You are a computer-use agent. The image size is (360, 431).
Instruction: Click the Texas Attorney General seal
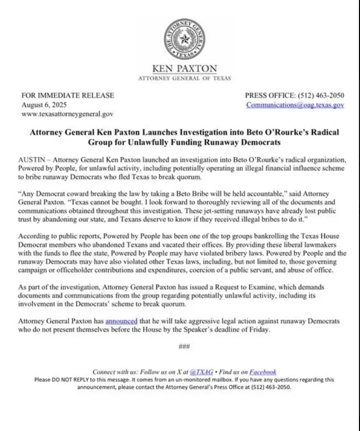tap(184, 39)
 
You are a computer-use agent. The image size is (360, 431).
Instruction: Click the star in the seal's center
tap(184, 39)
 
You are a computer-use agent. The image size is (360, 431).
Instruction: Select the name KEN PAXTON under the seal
tap(184, 69)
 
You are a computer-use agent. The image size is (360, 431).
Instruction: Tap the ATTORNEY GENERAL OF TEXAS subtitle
tap(184, 78)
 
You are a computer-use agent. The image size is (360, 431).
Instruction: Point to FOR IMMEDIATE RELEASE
tap(68, 95)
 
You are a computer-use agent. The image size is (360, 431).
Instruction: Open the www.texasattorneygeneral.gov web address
tap(67, 113)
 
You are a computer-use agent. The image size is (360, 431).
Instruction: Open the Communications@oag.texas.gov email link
tap(295, 104)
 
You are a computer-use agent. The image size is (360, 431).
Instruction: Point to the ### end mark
tap(184, 347)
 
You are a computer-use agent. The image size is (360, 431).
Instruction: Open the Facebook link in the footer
tap(263, 371)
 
